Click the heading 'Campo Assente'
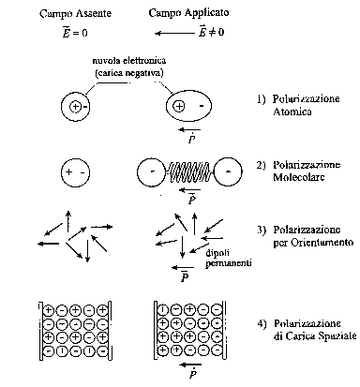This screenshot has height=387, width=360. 75,14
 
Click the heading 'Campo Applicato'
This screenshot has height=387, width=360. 188,13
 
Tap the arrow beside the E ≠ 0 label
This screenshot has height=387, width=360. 174,33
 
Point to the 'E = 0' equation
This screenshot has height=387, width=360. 75,32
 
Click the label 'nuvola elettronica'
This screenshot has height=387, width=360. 129,60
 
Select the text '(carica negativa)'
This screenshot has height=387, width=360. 129,73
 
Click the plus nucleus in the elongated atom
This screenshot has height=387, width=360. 179,106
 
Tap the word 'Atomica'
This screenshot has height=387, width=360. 292,112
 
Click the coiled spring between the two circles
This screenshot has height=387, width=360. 189,171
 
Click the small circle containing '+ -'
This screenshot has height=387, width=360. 75,172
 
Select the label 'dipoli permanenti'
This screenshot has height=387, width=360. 229,258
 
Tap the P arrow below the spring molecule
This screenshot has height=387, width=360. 190,189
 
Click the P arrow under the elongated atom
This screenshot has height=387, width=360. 190,129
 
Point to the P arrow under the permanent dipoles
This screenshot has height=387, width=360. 183,267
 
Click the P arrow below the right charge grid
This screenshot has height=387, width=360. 191,365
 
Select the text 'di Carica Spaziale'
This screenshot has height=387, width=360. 315,335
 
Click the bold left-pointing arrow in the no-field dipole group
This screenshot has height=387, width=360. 49,244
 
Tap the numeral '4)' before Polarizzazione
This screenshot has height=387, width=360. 262,323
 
